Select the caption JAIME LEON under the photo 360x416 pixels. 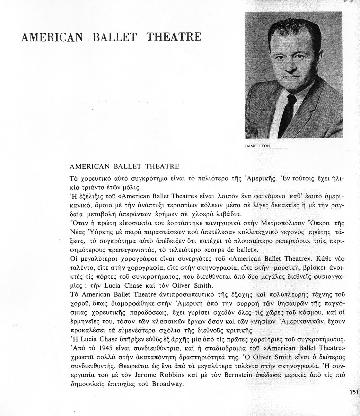pos(257,146)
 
